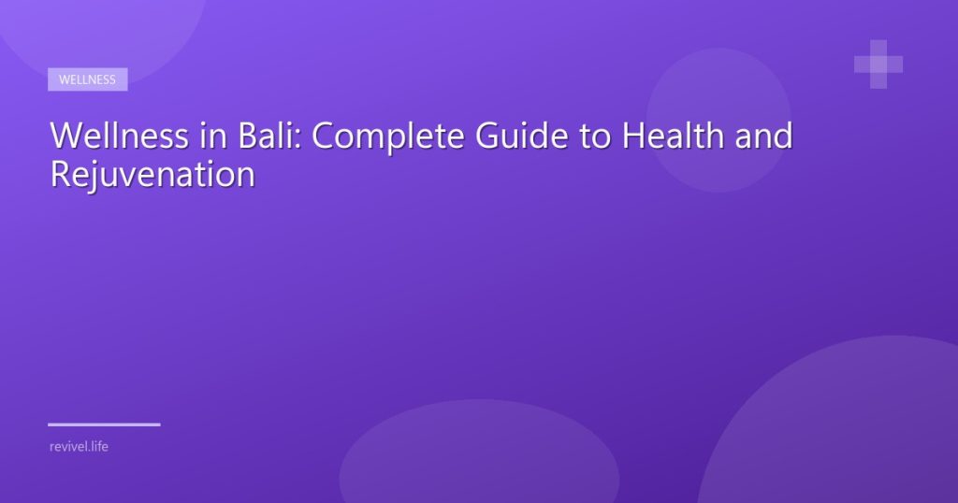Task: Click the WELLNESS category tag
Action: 87,79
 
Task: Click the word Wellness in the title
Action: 119,135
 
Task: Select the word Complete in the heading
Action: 388,137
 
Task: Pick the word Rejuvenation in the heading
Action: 152,175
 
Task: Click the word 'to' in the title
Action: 595,137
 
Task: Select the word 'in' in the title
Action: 213,136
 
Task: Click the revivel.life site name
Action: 79,446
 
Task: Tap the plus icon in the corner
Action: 878,65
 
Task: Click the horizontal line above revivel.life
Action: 104,424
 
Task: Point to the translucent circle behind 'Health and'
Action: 718,121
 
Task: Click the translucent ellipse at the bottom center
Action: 479,452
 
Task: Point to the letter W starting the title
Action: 68,136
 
